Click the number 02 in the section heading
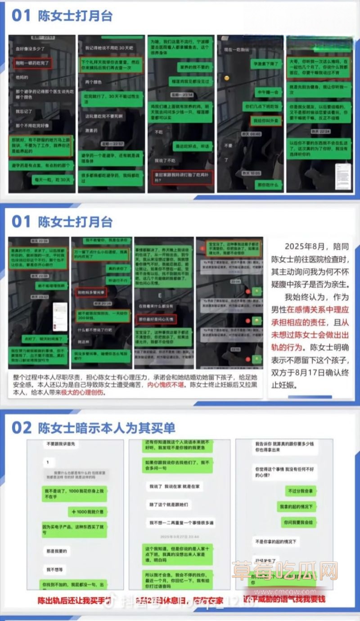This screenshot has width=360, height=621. click(x=21, y=428)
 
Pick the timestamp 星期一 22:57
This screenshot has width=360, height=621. click(x=112, y=144)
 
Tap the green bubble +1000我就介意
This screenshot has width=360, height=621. click(x=88, y=512)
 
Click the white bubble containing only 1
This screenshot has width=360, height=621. click(x=47, y=462)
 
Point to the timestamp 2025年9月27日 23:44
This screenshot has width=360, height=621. click(x=179, y=537)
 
